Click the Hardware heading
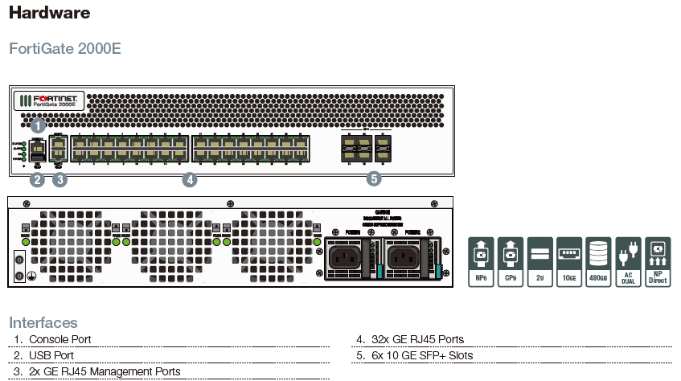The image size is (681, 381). pyautogui.click(x=49, y=13)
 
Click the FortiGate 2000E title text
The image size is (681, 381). pyautogui.click(x=65, y=48)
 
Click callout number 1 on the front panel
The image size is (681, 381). pyautogui.click(x=37, y=125)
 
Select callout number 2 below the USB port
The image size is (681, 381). pyautogui.click(x=36, y=180)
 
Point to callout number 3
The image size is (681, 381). pyautogui.click(x=59, y=180)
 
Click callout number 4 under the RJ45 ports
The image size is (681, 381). pyautogui.click(x=190, y=180)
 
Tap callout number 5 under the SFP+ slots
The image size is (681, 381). pyautogui.click(x=374, y=179)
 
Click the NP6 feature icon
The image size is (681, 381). pyautogui.click(x=481, y=262)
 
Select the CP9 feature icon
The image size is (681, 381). pyautogui.click(x=511, y=262)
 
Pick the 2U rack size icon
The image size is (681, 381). pyautogui.click(x=539, y=262)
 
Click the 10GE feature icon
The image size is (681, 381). pyautogui.click(x=569, y=262)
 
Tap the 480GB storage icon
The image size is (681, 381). pyautogui.click(x=599, y=262)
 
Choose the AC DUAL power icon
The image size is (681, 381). pyautogui.click(x=628, y=262)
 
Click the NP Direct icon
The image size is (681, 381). pyautogui.click(x=658, y=262)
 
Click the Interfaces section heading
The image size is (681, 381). pyautogui.click(x=43, y=322)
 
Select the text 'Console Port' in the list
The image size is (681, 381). pyautogui.click(x=59, y=339)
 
